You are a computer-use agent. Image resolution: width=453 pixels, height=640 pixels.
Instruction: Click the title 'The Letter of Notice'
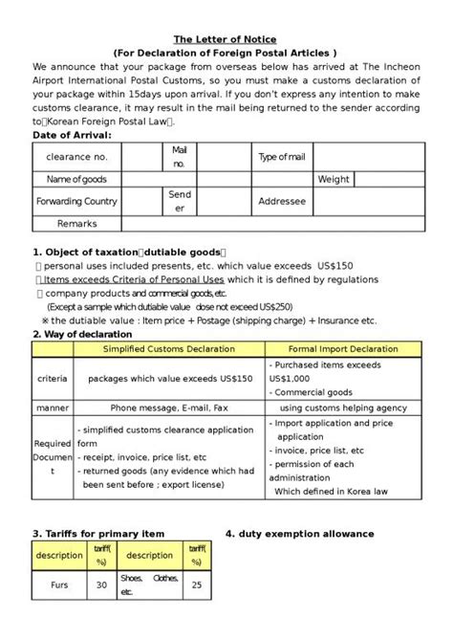(225, 39)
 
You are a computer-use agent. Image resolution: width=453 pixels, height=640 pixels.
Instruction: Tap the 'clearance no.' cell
(77, 157)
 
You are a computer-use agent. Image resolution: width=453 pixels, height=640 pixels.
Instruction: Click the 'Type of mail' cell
(282, 157)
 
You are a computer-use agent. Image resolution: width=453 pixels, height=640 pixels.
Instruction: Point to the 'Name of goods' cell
(76, 179)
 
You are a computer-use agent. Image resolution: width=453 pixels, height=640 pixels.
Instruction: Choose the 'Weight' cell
(334, 179)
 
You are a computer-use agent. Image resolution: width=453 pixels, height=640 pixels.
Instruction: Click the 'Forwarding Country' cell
(76, 202)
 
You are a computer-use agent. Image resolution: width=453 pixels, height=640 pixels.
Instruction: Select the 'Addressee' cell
(282, 202)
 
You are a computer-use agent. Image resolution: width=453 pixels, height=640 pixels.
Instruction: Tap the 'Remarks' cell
(76, 223)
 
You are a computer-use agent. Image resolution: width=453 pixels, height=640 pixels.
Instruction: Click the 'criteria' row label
(52, 379)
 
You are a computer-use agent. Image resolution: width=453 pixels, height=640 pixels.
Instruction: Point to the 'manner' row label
(52, 408)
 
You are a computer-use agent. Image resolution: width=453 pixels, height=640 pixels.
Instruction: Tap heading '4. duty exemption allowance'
(299, 533)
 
